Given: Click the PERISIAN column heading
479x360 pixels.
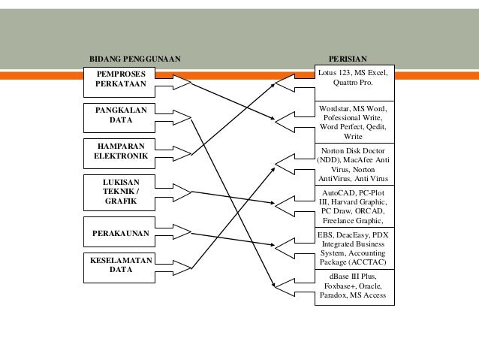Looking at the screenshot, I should (x=348, y=58).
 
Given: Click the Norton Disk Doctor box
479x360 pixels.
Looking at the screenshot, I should (x=353, y=165).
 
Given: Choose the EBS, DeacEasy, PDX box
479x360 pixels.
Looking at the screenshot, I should (x=353, y=249).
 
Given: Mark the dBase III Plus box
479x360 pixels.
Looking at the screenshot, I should (x=353, y=286).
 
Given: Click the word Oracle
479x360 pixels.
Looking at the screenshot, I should (x=370, y=286).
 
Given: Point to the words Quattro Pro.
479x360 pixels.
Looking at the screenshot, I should (x=352, y=83).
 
